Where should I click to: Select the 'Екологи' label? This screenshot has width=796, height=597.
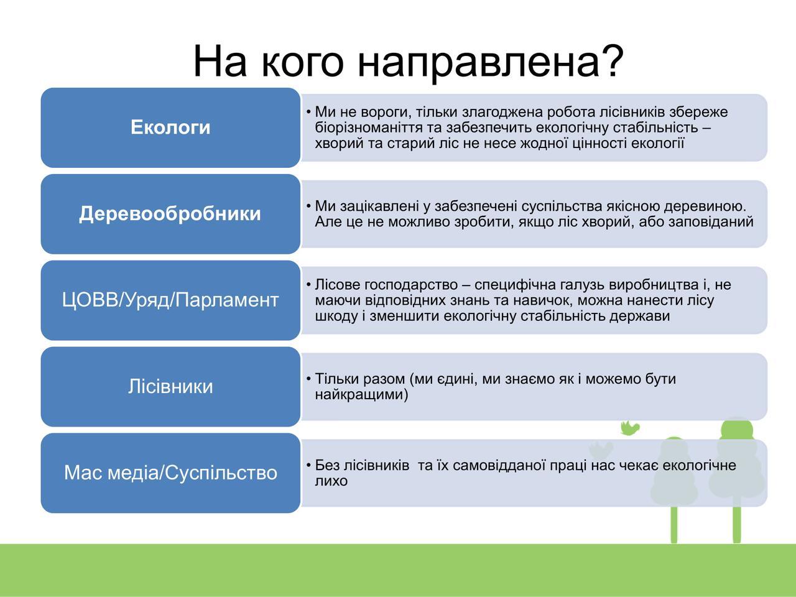tap(170, 127)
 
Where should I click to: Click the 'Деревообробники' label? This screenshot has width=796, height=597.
tap(170, 214)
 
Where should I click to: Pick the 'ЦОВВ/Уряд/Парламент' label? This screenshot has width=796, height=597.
tap(170, 300)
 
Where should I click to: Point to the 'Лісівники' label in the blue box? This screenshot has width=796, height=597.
tap(170, 386)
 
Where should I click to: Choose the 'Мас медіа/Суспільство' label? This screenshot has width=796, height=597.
tap(170, 473)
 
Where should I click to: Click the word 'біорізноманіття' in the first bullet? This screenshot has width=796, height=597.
tap(378, 128)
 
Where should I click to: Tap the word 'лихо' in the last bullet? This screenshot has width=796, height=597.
tap(331, 481)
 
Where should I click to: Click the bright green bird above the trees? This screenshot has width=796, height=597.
tap(630, 427)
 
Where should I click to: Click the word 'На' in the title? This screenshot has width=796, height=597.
tap(220, 62)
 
